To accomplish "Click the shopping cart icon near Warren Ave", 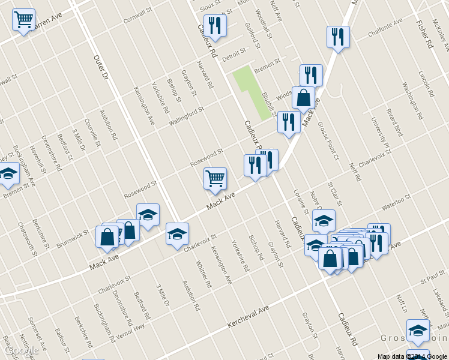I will coord(23,20).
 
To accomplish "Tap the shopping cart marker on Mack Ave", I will coord(215,178).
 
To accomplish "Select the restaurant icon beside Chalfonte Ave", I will coord(338,37).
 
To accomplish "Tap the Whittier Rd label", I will coord(204,274).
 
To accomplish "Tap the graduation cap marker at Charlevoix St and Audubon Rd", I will coord(177,234).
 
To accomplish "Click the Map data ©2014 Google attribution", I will coord(412,356).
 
